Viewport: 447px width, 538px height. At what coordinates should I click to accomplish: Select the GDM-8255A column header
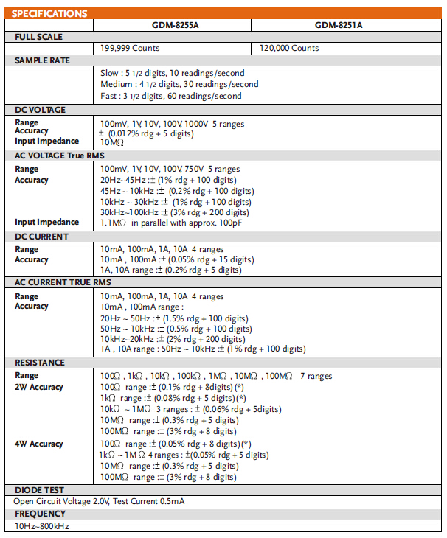pyautogui.click(x=171, y=25)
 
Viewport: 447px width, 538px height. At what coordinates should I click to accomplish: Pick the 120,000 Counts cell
pyautogui.click(x=289, y=48)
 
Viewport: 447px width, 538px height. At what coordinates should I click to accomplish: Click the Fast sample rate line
pyautogui.click(x=170, y=96)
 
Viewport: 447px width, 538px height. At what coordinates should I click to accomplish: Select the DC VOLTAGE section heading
pyautogui.click(x=41, y=110)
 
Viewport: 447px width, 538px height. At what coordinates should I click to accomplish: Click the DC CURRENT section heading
pyautogui.click(x=42, y=237)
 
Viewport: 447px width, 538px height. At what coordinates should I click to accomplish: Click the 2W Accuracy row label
pyautogui.click(x=39, y=387)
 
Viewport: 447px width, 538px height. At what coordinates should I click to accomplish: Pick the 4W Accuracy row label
pyautogui.click(x=39, y=444)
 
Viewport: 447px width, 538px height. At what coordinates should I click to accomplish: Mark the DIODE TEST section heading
pyautogui.click(x=39, y=489)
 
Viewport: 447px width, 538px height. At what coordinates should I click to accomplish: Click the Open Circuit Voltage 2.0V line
pyautogui.click(x=99, y=501)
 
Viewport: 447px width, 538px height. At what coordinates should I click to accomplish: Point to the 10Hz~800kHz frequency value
pyautogui.click(x=42, y=526)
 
